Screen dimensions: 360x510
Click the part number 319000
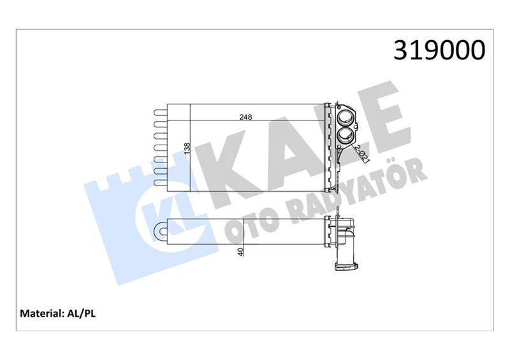point(439,49)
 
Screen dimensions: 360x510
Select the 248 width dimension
point(245,117)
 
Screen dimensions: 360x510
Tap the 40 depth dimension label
point(240,251)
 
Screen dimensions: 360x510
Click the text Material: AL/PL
point(58,313)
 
